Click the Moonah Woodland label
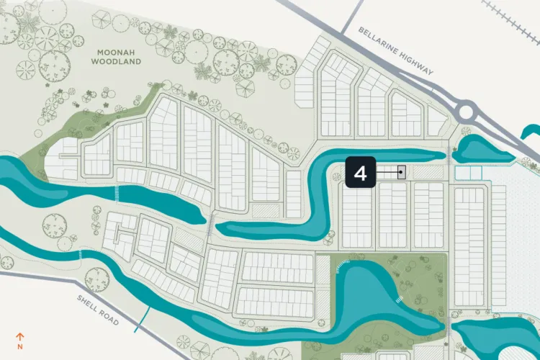point(116,57)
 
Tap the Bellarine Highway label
point(396,51)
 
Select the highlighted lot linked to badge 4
point(402,172)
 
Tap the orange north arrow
point(20,336)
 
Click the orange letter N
point(20,346)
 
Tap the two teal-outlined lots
point(468,173)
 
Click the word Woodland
point(116,62)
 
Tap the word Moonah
point(116,52)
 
